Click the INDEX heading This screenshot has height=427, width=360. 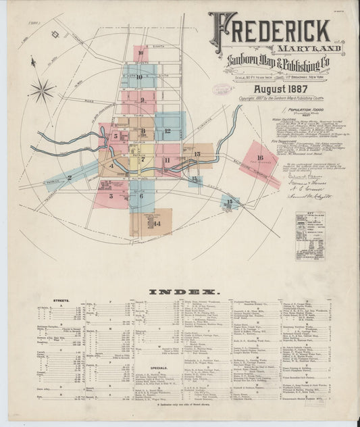click(182, 291)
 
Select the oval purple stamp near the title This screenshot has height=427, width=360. click(224, 89)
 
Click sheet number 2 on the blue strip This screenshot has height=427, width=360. click(69, 178)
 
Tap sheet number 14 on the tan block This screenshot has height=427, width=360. click(157, 223)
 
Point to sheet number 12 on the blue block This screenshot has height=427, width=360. click(167, 130)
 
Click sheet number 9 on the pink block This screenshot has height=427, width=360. click(142, 105)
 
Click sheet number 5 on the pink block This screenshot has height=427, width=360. click(115, 136)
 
